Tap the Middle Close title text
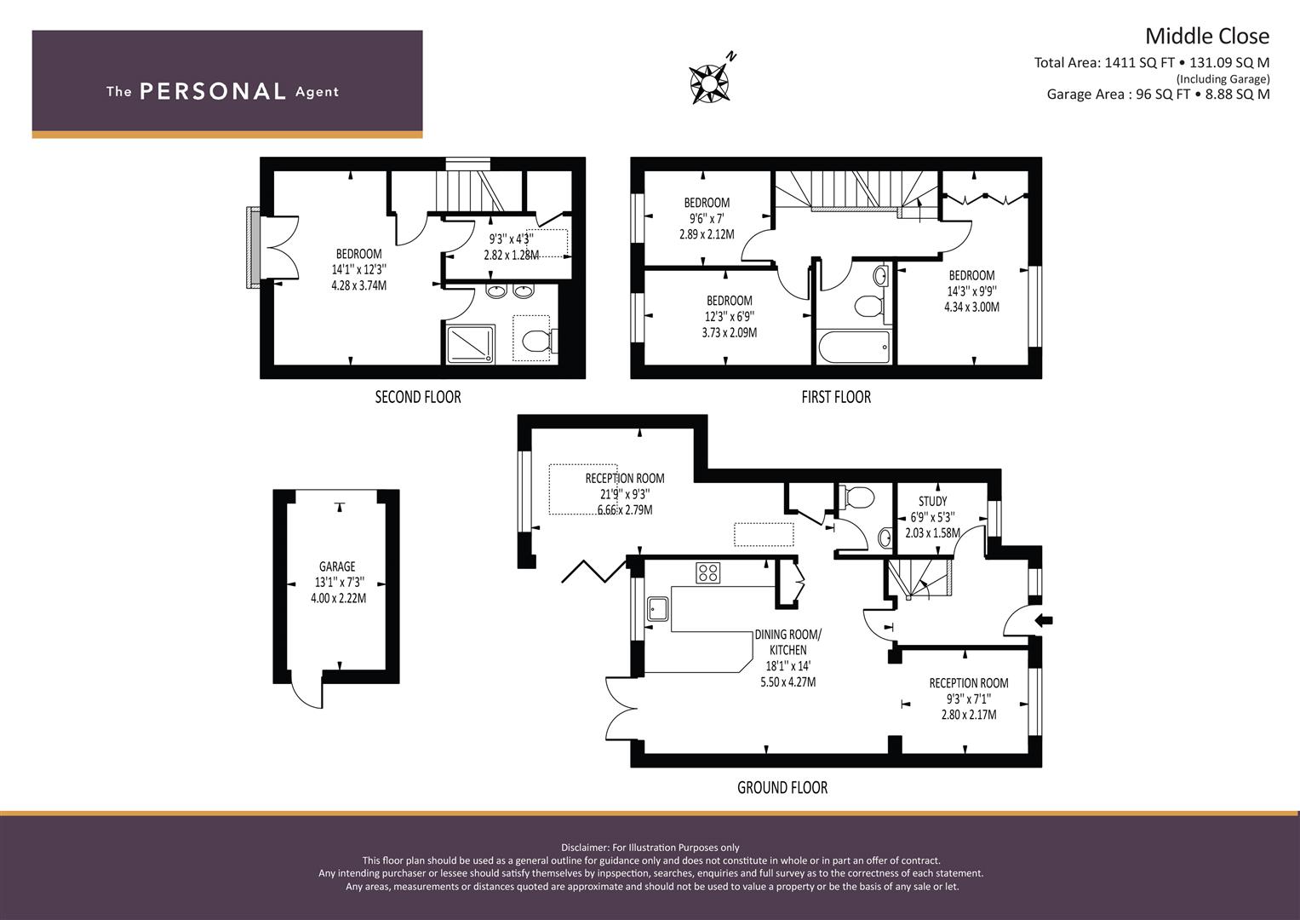click(x=1207, y=37)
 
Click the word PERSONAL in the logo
click(x=213, y=91)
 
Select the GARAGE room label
click(x=337, y=566)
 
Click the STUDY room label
click(x=932, y=501)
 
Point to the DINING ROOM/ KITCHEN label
click(x=788, y=642)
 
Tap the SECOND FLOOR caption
click(x=418, y=397)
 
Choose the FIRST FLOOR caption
click(x=836, y=397)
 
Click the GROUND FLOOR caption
click(x=782, y=788)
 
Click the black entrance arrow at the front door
click(x=1044, y=621)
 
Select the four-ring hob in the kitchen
click(x=708, y=572)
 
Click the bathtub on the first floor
click(x=853, y=347)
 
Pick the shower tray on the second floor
click(x=471, y=344)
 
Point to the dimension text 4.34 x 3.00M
click(x=971, y=308)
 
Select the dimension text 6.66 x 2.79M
click(x=625, y=510)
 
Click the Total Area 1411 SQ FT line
click(x=1151, y=63)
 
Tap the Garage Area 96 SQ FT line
click(x=1158, y=94)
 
